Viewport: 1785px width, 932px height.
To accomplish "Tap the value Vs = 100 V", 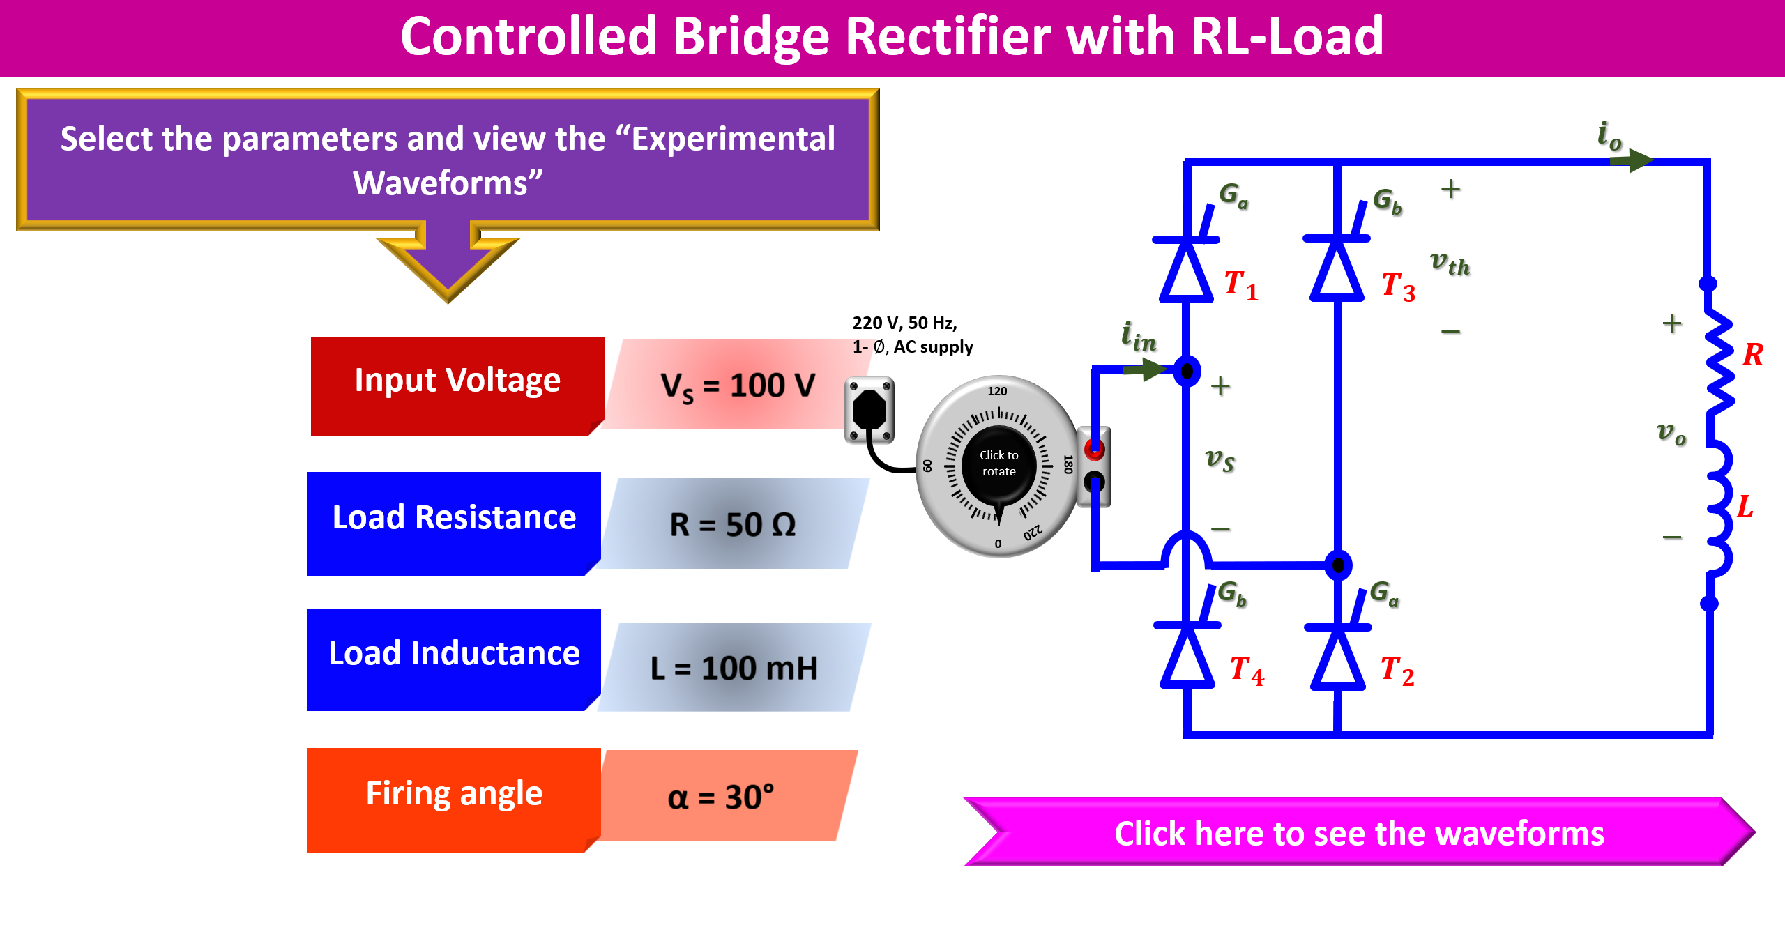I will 738,385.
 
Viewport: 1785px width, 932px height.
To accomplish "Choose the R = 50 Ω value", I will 732,524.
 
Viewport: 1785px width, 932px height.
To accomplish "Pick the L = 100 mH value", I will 734,668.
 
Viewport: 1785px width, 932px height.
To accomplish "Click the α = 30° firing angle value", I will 721,797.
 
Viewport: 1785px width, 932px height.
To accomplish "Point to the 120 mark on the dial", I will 997,392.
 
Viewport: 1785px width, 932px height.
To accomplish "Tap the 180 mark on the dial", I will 1067,464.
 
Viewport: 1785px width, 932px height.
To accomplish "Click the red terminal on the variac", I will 1094,450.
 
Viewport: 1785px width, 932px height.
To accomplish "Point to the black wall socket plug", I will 869,410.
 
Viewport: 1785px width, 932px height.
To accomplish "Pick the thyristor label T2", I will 1397,671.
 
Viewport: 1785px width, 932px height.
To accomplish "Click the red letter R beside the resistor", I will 1752,355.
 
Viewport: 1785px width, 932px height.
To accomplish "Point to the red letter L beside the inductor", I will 1745,507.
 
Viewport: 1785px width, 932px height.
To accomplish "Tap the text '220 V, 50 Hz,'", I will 904,323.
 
